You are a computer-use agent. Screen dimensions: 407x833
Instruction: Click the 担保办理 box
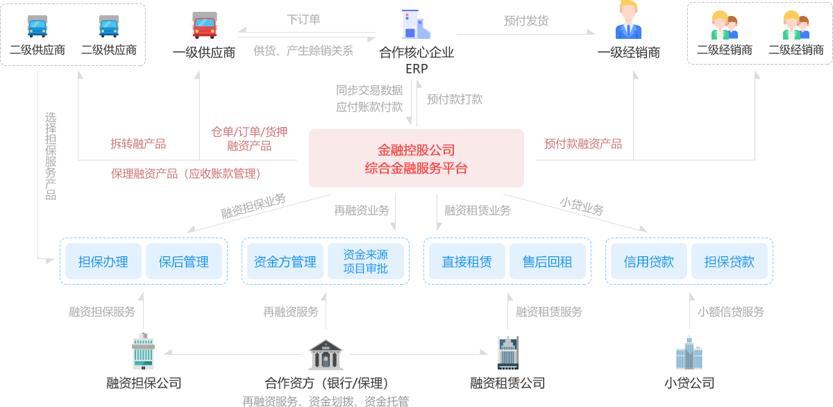103,261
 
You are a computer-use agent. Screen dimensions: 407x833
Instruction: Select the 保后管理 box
183,261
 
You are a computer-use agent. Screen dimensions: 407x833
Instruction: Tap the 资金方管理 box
285,261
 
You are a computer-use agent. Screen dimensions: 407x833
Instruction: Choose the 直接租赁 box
466,261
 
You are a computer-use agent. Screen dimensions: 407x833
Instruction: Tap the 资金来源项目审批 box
365,261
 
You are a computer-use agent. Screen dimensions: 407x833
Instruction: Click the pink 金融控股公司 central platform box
416,158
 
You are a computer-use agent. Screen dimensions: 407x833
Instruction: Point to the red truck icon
204,26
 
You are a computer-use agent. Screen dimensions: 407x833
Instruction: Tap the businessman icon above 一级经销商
628,22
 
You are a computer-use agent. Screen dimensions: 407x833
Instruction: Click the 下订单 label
303,20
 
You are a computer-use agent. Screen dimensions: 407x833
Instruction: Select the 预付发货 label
525,21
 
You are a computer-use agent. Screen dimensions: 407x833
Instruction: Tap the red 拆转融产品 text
138,144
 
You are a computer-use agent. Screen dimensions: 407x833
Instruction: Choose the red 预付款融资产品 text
583,144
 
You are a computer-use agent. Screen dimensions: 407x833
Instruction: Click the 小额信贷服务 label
730,312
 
